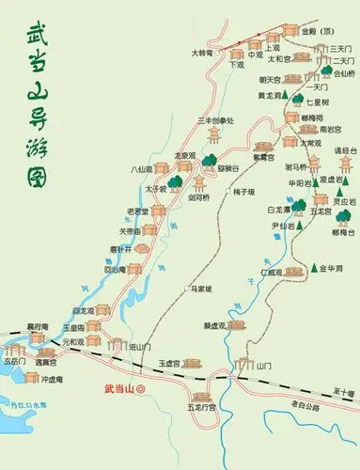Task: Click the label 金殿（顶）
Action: tap(303, 29)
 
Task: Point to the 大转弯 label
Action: tap(204, 53)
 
